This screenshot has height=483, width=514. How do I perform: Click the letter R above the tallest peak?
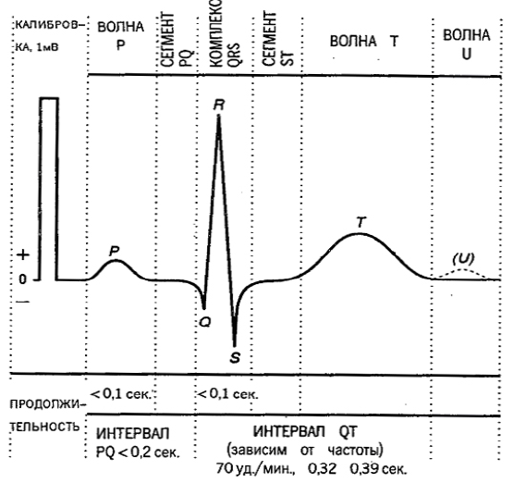coord(219,105)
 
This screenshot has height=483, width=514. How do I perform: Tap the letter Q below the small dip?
coord(205,323)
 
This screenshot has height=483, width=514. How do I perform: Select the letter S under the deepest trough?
coord(235,358)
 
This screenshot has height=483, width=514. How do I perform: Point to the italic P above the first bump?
coord(114,252)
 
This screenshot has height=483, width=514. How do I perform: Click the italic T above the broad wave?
coord(361,222)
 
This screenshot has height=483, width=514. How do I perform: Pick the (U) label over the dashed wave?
coord(463,259)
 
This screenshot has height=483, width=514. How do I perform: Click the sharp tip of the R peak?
coord(219,116)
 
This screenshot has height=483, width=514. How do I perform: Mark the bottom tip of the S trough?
coord(235,346)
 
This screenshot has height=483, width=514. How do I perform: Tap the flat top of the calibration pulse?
coord(49,98)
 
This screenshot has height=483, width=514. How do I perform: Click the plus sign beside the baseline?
coord(23,254)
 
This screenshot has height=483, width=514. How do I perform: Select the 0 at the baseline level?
coord(22,279)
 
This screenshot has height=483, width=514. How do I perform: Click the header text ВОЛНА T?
coord(364,42)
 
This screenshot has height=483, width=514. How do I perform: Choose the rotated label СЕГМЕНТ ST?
coord(277,39)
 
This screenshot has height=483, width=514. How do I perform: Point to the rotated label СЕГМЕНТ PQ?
coord(177,40)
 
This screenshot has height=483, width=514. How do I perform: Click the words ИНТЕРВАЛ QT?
coord(305,431)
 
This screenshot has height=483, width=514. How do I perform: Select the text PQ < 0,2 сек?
coord(138,452)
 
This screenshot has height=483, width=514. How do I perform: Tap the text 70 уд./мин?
coord(256,469)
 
